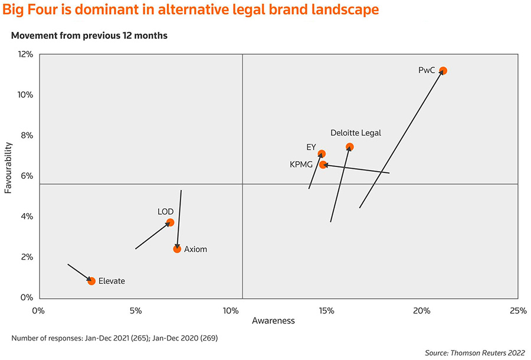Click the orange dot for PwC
443,71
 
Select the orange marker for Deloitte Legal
349,147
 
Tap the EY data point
322,154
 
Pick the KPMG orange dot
323,165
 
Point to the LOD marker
170,222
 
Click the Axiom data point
177,249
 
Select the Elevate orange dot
91,281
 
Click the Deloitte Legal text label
356,133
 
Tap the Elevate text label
112,281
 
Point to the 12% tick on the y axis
25,54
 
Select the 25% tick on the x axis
517,310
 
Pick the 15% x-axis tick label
326,310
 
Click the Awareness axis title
273,322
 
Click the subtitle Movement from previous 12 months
89,36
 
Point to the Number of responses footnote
117,338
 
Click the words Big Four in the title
33,10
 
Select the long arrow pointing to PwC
401,139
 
